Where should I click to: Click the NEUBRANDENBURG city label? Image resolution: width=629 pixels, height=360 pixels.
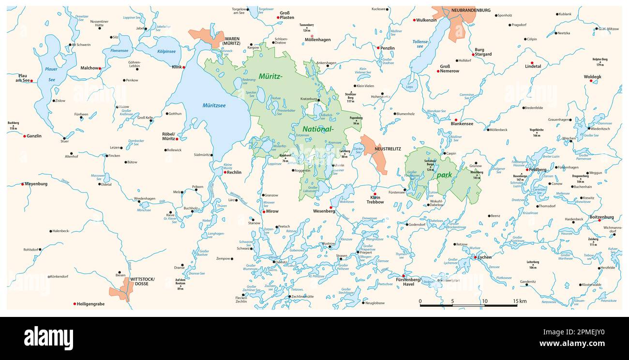pos(470,10)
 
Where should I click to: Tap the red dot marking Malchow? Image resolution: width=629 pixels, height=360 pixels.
pos(100,69)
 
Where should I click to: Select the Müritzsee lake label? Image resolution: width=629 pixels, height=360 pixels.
pos(214,105)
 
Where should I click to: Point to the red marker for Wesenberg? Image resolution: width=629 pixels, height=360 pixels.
pos(331,208)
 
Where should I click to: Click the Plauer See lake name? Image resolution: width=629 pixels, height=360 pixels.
pos(51,74)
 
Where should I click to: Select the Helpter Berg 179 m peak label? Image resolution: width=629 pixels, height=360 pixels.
pos(600,61)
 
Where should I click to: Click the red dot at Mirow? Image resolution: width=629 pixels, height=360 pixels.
pos(263,211)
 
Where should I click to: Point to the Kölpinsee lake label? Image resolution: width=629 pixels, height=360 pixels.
pos(166,51)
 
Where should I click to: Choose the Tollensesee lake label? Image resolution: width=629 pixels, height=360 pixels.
pos(420,44)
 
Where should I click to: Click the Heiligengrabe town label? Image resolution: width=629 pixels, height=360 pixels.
pos(90,304)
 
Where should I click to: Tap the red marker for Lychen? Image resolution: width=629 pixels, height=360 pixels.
pos(475,257)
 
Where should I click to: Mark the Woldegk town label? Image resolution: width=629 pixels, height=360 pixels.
pos(592,76)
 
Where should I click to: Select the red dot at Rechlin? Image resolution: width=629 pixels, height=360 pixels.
pos(225,172)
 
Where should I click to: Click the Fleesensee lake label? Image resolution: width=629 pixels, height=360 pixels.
pos(119,50)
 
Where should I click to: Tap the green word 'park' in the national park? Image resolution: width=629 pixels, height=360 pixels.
pos(444,175)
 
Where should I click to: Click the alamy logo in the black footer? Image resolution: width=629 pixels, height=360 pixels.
pos(48,338)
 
